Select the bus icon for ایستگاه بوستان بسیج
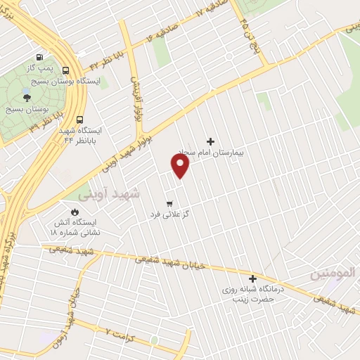(x=65, y=70)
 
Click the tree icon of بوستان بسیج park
(x=27, y=98)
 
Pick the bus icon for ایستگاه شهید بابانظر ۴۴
(x=79, y=120)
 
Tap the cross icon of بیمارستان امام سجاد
(x=210, y=141)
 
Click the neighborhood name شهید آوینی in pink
(x=109, y=192)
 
